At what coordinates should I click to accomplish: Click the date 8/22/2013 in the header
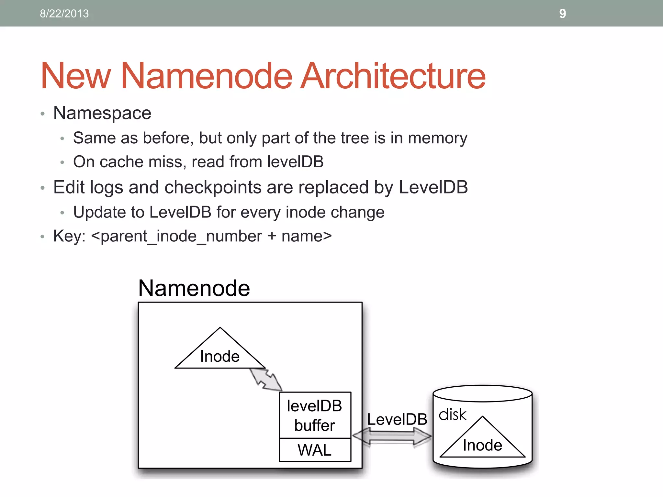(64, 14)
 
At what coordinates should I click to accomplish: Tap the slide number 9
(563, 14)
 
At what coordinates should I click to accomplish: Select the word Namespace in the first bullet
(102, 113)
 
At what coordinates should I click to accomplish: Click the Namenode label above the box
(194, 288)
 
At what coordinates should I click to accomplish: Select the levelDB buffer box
(315, 415)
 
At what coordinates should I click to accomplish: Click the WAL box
(315, 450)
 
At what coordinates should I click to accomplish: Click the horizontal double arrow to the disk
(392, 436)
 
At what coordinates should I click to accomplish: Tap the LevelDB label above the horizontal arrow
(397, 419)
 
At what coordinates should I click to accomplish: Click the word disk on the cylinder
(452, 414)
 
